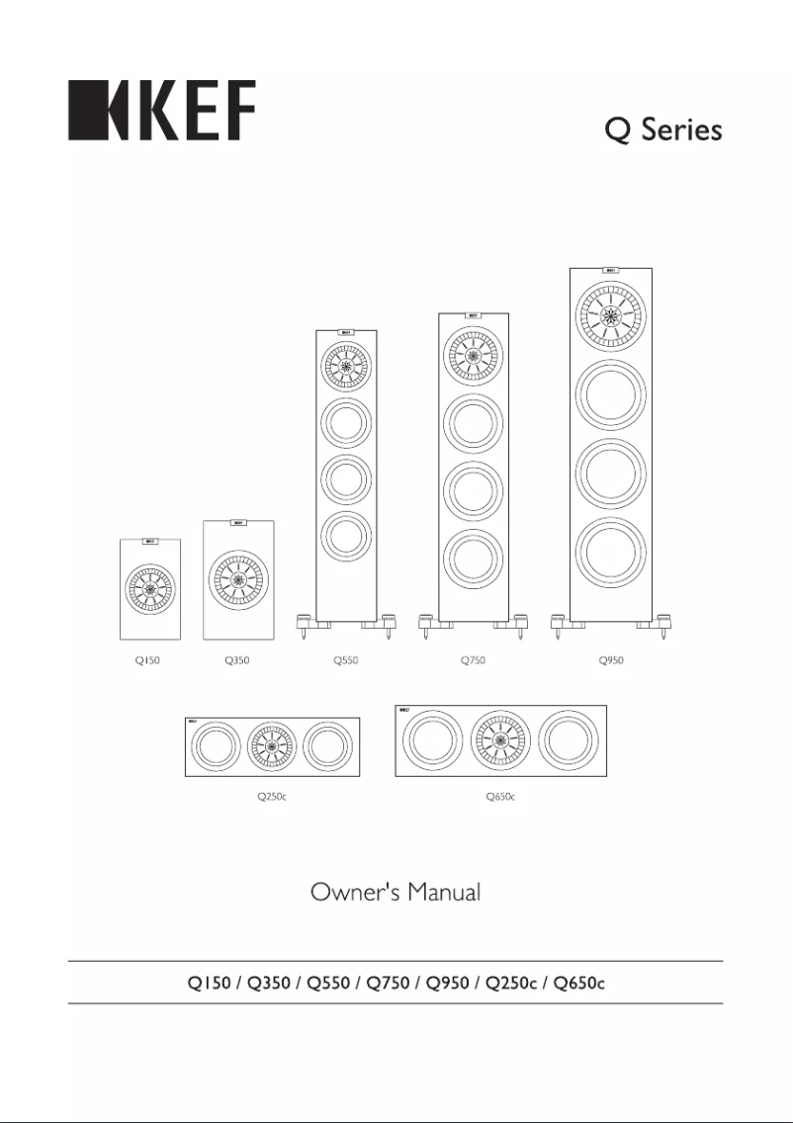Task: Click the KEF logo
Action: (161, 111)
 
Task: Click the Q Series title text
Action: (663, 130)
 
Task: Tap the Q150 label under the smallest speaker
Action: (147, 660)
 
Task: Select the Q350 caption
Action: (236, 660)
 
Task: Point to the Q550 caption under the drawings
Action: (346, 660)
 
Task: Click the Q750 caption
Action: (473, 660)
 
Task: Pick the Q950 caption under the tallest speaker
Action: (611, 660)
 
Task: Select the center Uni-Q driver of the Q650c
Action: (500, 740)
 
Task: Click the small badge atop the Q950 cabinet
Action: (611, 271)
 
